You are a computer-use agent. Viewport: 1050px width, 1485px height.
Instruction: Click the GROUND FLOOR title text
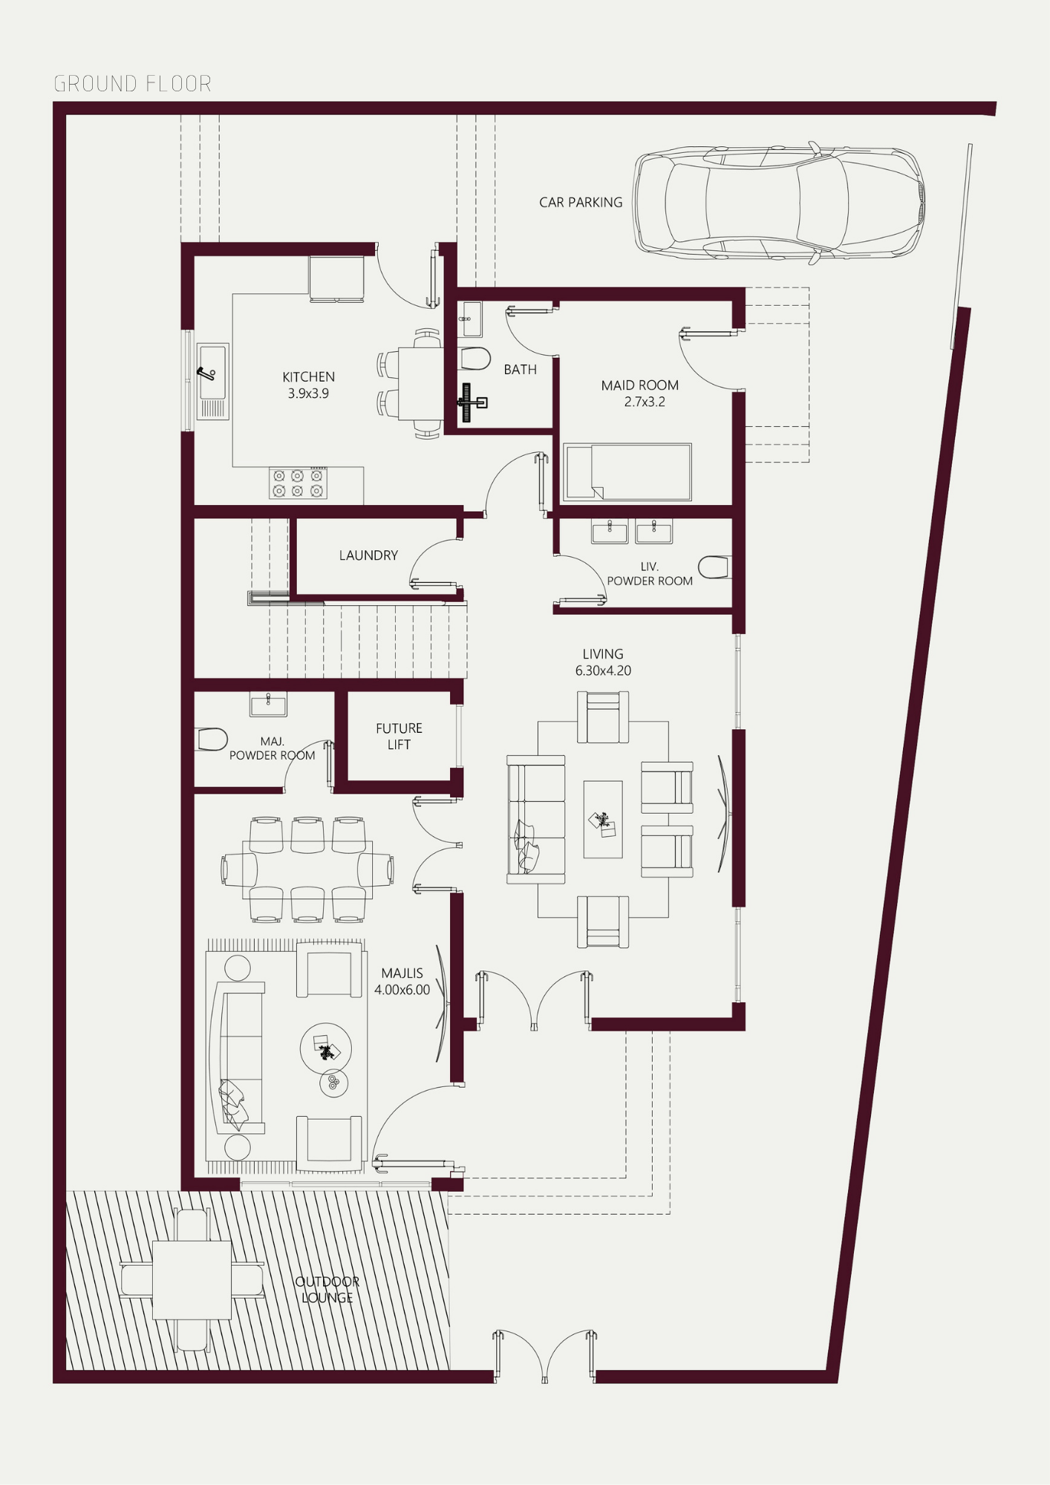[x=133, y=83]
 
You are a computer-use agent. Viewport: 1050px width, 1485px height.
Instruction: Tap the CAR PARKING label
[x=581, y=202]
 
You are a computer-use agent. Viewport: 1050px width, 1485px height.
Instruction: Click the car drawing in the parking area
[x=778, y=202]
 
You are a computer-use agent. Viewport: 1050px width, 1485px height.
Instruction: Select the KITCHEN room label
[x=308, y=376]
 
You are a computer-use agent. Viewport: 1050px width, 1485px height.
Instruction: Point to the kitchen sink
[x=212, y=381]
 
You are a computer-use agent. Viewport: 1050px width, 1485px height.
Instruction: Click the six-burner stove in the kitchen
[x=298, y=483]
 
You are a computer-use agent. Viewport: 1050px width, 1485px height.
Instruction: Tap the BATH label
[x=520, y=369]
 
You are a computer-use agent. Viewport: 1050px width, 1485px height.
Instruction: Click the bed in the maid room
[x=627, y=471]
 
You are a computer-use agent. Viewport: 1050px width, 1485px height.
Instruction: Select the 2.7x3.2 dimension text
[x=645, y=402]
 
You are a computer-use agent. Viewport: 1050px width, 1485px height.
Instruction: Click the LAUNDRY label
[x=368, y=555]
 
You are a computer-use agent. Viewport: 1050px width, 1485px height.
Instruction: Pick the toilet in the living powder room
[x=714, y=567]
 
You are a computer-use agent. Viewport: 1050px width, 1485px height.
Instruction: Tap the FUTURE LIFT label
[x=399, y=736]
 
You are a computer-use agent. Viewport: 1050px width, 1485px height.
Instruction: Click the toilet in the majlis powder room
[x=211, y=740]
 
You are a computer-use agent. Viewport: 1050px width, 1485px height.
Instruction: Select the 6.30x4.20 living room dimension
[x=603, y=670]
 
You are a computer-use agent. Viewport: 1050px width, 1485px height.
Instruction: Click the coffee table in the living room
[x=603, y=819]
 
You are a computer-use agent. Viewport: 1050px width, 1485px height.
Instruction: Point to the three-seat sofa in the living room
[x=535, y=820]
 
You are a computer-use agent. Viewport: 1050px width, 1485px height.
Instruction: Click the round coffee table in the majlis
[x=325, y=1048]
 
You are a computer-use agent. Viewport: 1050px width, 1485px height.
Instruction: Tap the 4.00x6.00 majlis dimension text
[x=402, y=990]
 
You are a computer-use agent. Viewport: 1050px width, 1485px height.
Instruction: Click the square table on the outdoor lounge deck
[x=192, y=1280]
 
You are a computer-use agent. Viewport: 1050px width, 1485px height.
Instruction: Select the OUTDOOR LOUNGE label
[x=327, y=1290]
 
